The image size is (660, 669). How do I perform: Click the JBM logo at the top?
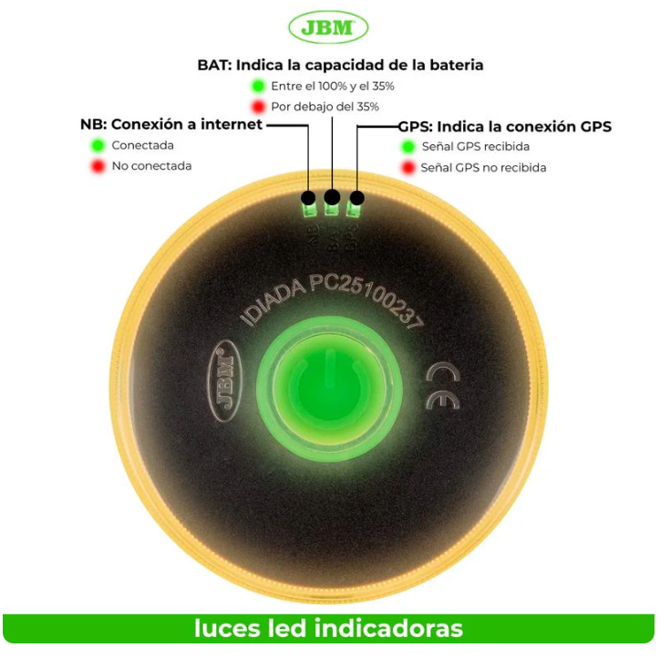(x=328, y=27)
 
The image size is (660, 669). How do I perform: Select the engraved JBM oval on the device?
(x=224, y=382)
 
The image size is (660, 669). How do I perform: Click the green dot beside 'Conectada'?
(x=97, y=145)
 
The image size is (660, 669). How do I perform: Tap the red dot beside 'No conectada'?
(x=97, y=166)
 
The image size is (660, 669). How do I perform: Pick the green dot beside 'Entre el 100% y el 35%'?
(x=258, y=86)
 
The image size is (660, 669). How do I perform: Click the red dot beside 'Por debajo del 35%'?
(x=258, y=107)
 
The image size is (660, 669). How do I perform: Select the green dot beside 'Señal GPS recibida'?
(x=407, y=146)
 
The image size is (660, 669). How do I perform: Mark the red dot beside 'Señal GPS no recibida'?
(x=407, y=168)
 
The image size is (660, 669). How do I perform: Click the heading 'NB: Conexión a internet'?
(x=171, y=124)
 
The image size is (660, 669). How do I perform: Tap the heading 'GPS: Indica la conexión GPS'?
(x=504, y=126)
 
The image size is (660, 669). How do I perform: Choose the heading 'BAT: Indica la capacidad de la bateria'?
(x=340, y=65)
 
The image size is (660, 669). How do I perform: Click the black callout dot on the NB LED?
(x=309, y=198)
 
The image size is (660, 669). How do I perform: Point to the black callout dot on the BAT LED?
(x=332, y=196)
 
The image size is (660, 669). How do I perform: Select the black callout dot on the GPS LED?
(x=356, y=198)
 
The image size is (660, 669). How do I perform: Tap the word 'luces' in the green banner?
(x=224, y=629)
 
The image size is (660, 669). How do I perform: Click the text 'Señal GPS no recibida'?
(x=483, y=168)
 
